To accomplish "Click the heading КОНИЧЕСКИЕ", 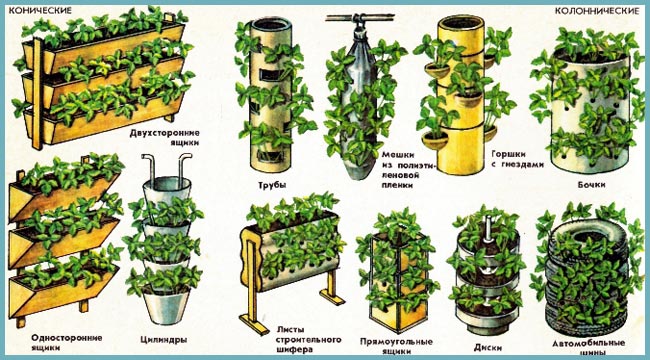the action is pyautogui.click(x=40, y=11).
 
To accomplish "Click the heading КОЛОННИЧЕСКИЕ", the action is pyautogui.click(x=597, y=11).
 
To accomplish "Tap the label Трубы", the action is pyautogui.click(x=272, y=185).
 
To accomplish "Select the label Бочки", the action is pyautogui.click(x=591, y=184).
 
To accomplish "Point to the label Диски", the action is pyautogui.click(x=488, y=348).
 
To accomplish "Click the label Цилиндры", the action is pyautogui.click(x=160, y=340).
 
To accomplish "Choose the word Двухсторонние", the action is pyautogui.click(x=165, y=133).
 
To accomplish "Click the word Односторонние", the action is pyautogui.click(x=66, y=338).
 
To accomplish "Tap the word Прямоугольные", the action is pyautogui.click(x=396, y=342).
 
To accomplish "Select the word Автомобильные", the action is pyautogui.click(x=588, y=343).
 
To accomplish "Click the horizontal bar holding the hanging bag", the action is pyautogui.click(x=360, y=17).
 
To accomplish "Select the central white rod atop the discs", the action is pyautogui.click(x=489, y=228).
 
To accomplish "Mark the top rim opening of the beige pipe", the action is pyautogui.click(x=272, y=24).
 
